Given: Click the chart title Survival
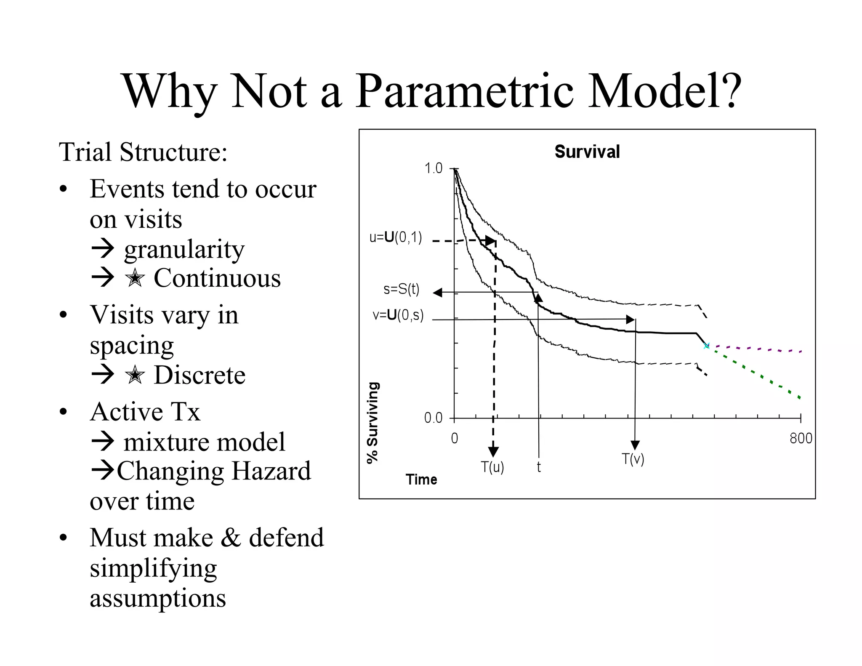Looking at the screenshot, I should coord(587,152).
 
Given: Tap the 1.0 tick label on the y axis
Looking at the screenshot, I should coord(433,168).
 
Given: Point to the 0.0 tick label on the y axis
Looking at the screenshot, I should coord(433,418).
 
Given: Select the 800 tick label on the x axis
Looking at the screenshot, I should coord(801,439).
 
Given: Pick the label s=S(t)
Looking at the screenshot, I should coord(401,289).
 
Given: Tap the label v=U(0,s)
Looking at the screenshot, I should coord(398,315).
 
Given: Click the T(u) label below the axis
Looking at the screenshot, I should coord(492,467).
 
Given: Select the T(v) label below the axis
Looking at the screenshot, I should coord(633,459).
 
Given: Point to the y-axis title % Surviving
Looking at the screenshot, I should coord(373,422).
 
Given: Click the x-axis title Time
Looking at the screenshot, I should coord(421,480).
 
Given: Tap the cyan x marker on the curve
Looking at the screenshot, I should coord(706,346).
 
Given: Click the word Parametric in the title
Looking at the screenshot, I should coord(465,91).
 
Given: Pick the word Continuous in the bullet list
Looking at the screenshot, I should coord(217,278).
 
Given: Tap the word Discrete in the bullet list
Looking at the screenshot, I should coord(200,375).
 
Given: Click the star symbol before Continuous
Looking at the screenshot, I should coord(135,278).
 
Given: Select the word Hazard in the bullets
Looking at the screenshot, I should coord(271,471).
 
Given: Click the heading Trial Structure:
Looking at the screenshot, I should coord(143,152).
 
